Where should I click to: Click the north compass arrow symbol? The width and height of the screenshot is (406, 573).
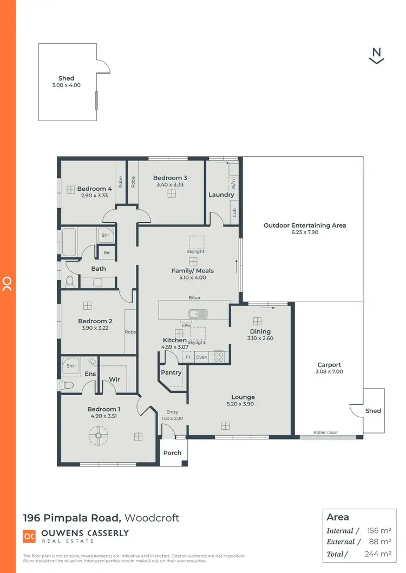[x=376, y=56]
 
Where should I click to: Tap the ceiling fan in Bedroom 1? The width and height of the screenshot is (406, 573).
[x=99, y=435]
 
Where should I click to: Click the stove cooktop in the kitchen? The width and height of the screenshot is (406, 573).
[x=219, y=357]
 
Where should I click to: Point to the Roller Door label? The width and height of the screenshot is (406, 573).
[x=325, y=432]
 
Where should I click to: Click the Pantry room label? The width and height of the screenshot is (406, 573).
[x=172, y=372]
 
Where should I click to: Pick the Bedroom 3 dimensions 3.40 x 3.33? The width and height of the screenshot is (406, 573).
[x=170, y=185]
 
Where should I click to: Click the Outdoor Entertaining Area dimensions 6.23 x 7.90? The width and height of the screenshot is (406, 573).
[x=305, y=232]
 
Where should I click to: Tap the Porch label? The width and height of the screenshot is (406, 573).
[x=173, y=452]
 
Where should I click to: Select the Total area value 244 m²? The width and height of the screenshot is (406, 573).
[x=377, y=554]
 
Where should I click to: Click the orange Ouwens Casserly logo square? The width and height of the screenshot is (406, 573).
[x=29, y=536]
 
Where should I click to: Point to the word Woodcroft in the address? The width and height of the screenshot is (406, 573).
[x=152, y=518]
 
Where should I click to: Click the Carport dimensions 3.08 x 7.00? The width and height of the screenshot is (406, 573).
[x=329, y=372]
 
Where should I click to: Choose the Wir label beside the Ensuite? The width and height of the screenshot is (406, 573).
[x=115, y=379]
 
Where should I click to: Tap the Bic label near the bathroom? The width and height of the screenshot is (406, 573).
[x=107, y=252]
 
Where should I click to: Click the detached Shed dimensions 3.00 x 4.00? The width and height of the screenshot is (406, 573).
[x=67, y=85]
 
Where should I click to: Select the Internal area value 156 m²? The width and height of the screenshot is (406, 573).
[x=379, y=531]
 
